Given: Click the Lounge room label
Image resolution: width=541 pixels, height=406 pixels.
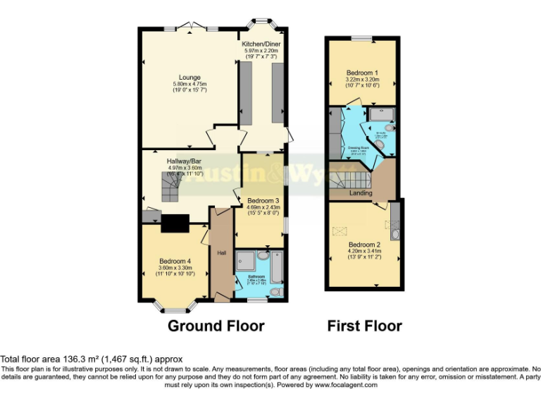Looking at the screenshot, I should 189,78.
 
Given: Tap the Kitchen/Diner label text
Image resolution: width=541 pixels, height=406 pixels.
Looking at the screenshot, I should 261,44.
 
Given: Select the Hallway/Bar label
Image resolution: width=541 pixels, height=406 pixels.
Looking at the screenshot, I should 184,161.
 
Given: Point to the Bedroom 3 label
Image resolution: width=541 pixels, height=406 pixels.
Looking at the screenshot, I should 262,200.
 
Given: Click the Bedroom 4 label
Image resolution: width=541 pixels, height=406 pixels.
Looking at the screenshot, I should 173,260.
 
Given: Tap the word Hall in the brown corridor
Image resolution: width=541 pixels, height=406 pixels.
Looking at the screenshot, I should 221,253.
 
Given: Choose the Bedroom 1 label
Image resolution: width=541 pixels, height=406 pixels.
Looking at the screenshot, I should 362,73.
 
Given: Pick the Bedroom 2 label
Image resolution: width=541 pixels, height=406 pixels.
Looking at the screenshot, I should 363,244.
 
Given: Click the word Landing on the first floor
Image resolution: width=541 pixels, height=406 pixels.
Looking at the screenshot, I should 361,193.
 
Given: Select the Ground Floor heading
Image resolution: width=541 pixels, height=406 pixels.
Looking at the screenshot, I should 216,326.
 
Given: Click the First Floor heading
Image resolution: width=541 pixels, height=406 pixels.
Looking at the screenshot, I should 364,326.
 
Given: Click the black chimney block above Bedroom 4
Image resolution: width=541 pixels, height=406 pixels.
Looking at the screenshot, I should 174,223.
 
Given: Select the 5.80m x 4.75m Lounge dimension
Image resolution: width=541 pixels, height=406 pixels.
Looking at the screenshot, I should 189,85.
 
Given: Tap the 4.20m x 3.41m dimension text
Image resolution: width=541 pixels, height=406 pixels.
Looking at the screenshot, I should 363,251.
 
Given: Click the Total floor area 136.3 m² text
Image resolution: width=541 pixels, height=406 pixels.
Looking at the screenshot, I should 91,359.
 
